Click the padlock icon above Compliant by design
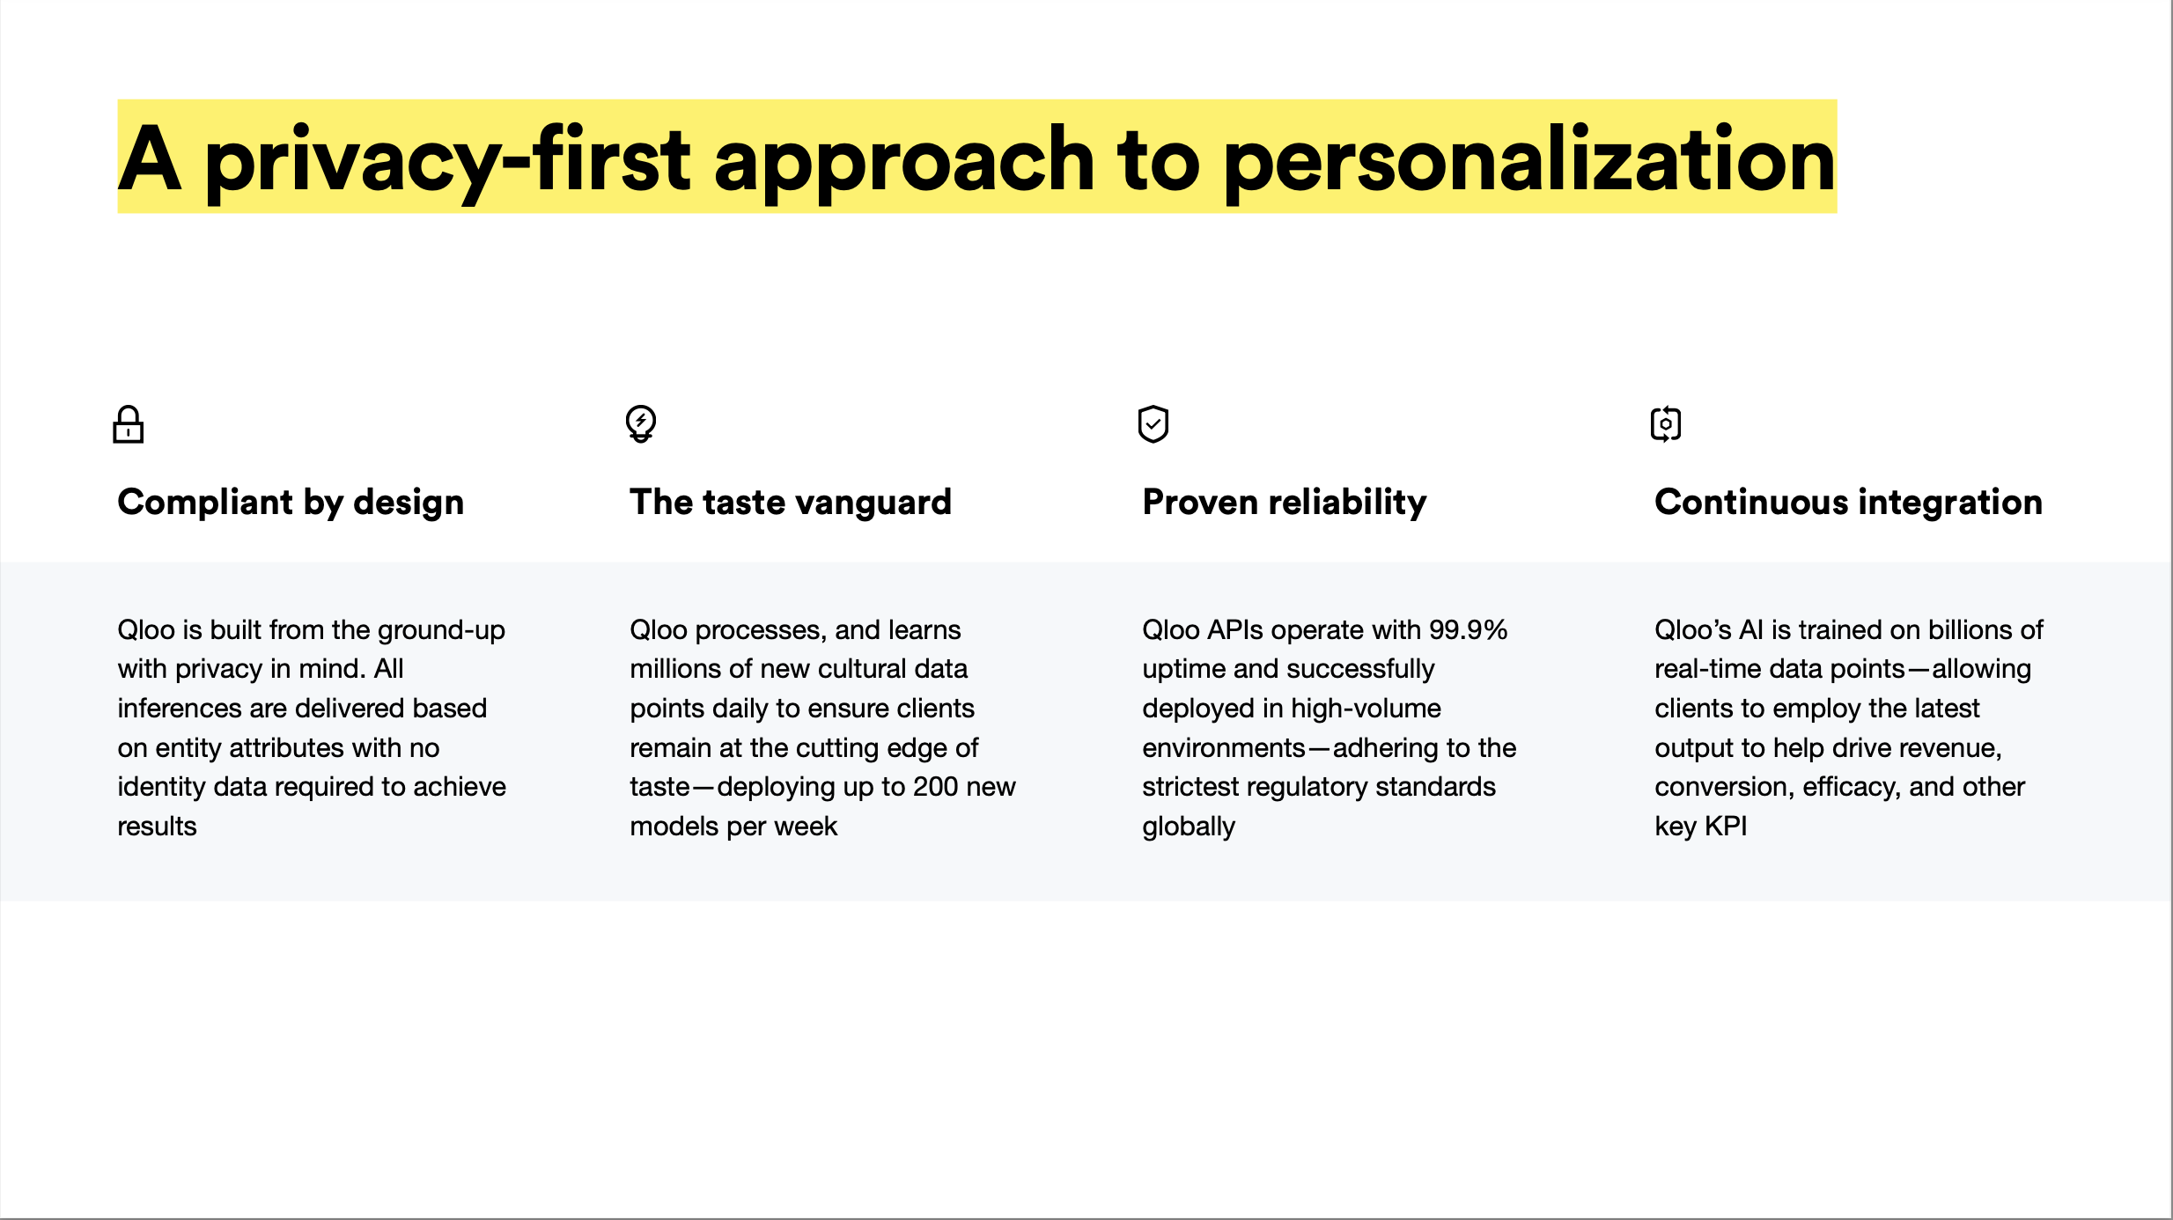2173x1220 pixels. (x=129, y=424)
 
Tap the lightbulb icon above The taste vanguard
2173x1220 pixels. (x=641, y=424)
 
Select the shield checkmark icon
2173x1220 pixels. (x=1153, y=424)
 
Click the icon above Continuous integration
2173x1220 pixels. (x=1666, y=424)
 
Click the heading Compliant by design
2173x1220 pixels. (x=291, y=503)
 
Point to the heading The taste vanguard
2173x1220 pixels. (x=791, y=503)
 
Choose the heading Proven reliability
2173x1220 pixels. (x=1285, y=503)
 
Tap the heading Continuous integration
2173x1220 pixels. (x=1848, y=502)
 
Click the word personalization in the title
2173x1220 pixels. (x=1529, y=160)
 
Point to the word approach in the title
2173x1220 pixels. (x=904, y=160)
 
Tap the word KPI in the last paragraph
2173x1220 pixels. (x=1726, y=827)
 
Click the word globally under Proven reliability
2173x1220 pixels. (x=1189, y=827)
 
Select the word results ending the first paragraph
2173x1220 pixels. (x=158, y=827)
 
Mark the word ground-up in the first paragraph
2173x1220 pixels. (x=441, y=631)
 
